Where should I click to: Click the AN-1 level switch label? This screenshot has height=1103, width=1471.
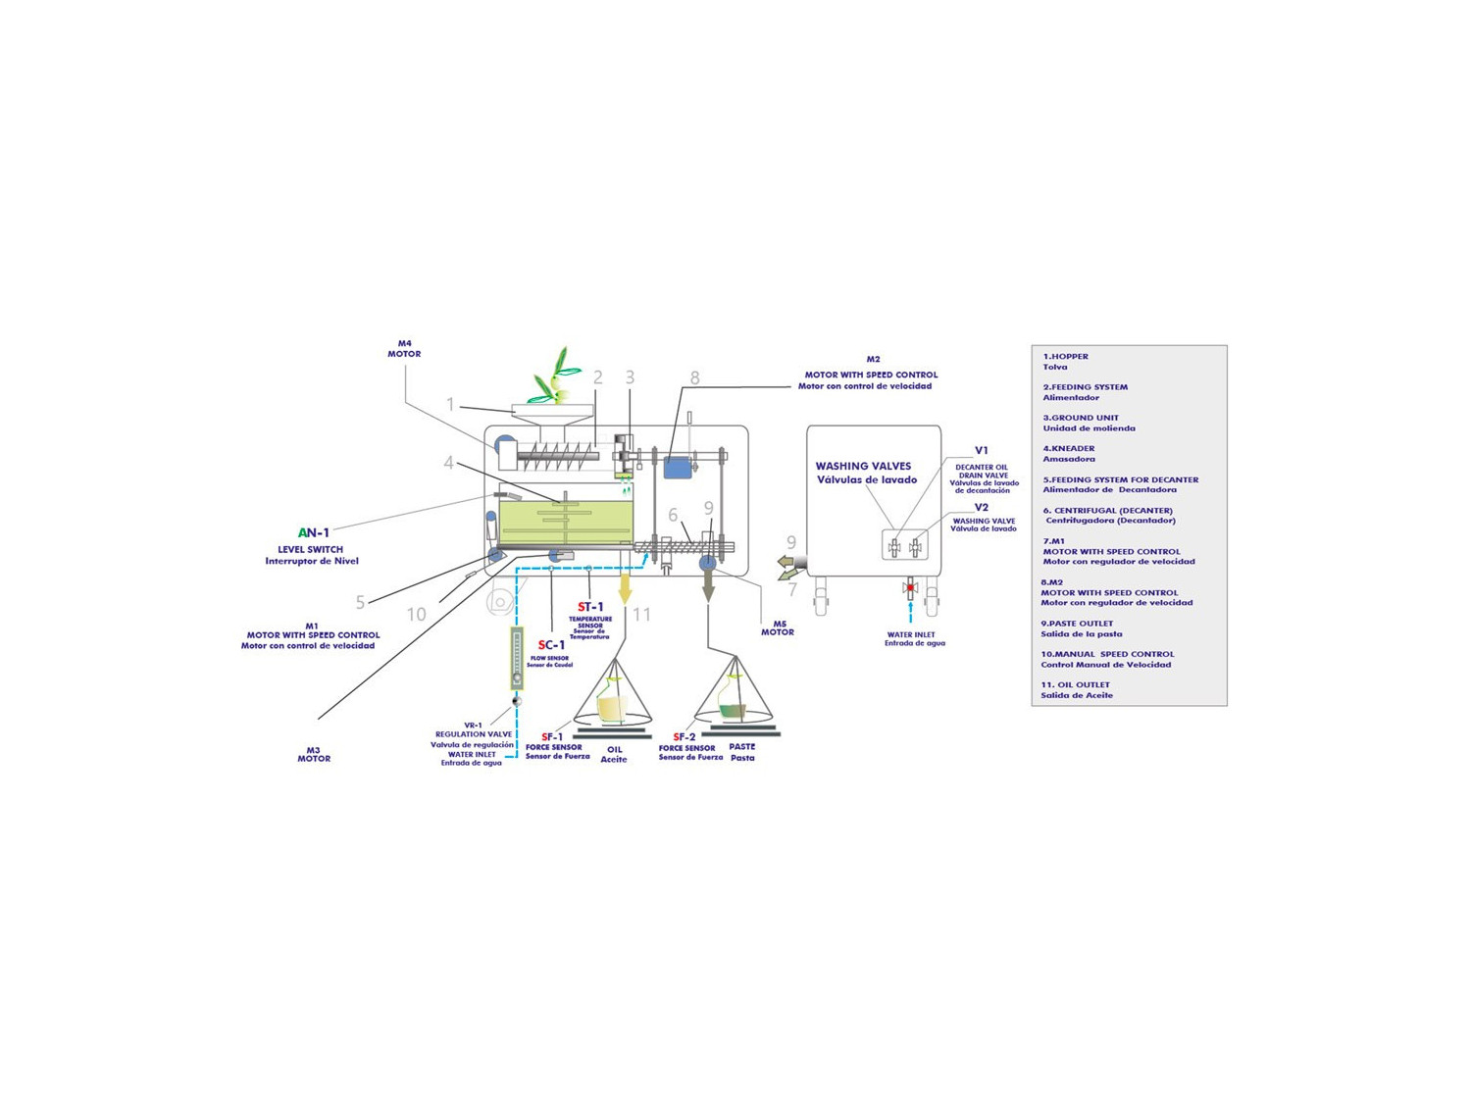pos(314,532)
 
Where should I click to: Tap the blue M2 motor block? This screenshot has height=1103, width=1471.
pos(677,468)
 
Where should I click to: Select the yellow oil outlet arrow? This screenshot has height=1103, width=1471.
pos(625,590)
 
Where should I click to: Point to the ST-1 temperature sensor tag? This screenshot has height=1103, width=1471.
pos(590,607)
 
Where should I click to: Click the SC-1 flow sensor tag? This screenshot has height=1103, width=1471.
pos(551,645)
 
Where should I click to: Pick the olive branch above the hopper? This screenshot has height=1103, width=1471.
pos(555,377)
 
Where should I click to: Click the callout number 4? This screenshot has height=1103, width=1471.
pos(449,463)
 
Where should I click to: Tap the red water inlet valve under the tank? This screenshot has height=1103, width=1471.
pos(910,587)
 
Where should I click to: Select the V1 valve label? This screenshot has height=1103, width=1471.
pos(981,451)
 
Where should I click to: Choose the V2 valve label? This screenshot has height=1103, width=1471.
pos(981,508)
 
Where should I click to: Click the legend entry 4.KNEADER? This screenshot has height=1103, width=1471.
pos(1069,448)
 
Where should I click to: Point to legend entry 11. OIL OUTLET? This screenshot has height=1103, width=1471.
pos(1076,684)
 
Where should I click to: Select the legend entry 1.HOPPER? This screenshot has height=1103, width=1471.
pos(1066,356)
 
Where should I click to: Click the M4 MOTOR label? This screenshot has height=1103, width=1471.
pos(404,349)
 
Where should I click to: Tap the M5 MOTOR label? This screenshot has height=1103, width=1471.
pos(778,627)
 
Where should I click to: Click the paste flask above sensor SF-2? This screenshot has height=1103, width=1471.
pos(733,703)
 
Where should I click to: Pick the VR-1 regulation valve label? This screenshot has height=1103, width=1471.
pos(474,729)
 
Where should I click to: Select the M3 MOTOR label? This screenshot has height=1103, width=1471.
pos(314,754)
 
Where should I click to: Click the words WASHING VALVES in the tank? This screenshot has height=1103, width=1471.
pos(863,466)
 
